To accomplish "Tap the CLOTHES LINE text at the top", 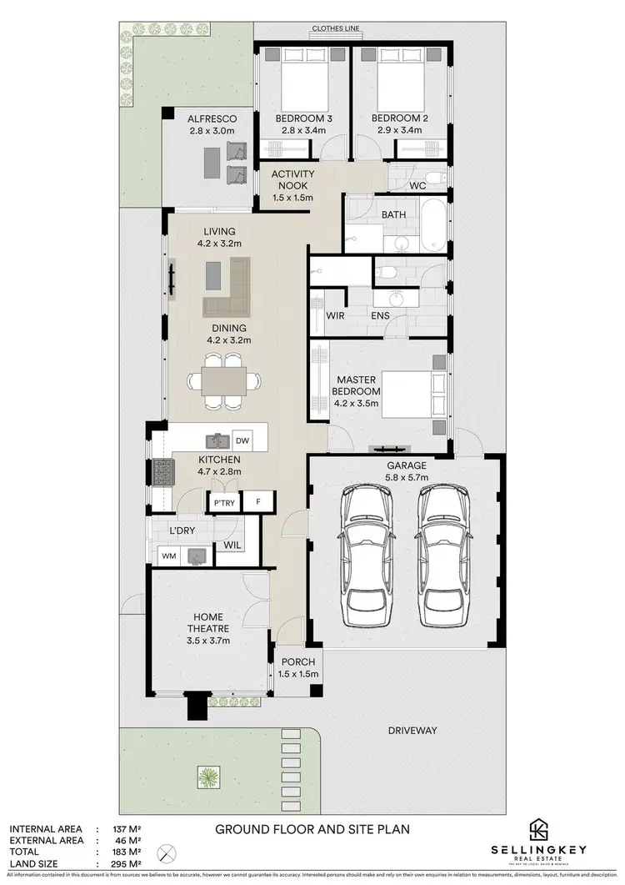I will point(336,28).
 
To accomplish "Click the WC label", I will point(417,185).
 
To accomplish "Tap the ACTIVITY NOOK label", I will point(292,186).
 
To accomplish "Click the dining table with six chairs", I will point(222,382).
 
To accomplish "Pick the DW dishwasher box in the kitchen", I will point(242,440).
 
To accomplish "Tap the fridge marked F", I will point(259,502).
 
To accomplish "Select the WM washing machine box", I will point(168,555).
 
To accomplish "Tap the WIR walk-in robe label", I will point(323,316).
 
